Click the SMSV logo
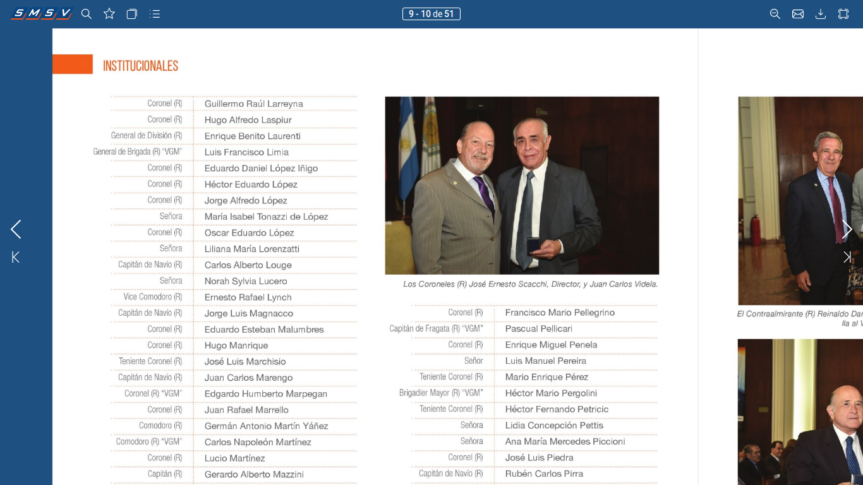tap(41, 13)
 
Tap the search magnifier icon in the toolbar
tap(87, 14)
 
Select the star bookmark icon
tap(109, 14)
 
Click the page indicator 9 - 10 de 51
tap(431, 14)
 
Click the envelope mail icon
tap(798, 14)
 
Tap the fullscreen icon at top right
tap(843, 14)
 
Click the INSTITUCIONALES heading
tap(140, 66)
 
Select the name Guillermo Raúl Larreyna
tap(253, 104)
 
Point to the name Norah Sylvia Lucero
tap(246, 281)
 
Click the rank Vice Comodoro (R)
tap(153, 297)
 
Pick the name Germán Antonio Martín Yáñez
tap(266, 426)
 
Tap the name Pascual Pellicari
tap(539, 328)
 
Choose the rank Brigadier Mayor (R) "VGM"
tap(441, 393)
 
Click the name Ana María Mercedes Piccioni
tap(565, 441)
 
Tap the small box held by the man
tap(534, 244)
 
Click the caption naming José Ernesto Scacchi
tap(530, 284)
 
